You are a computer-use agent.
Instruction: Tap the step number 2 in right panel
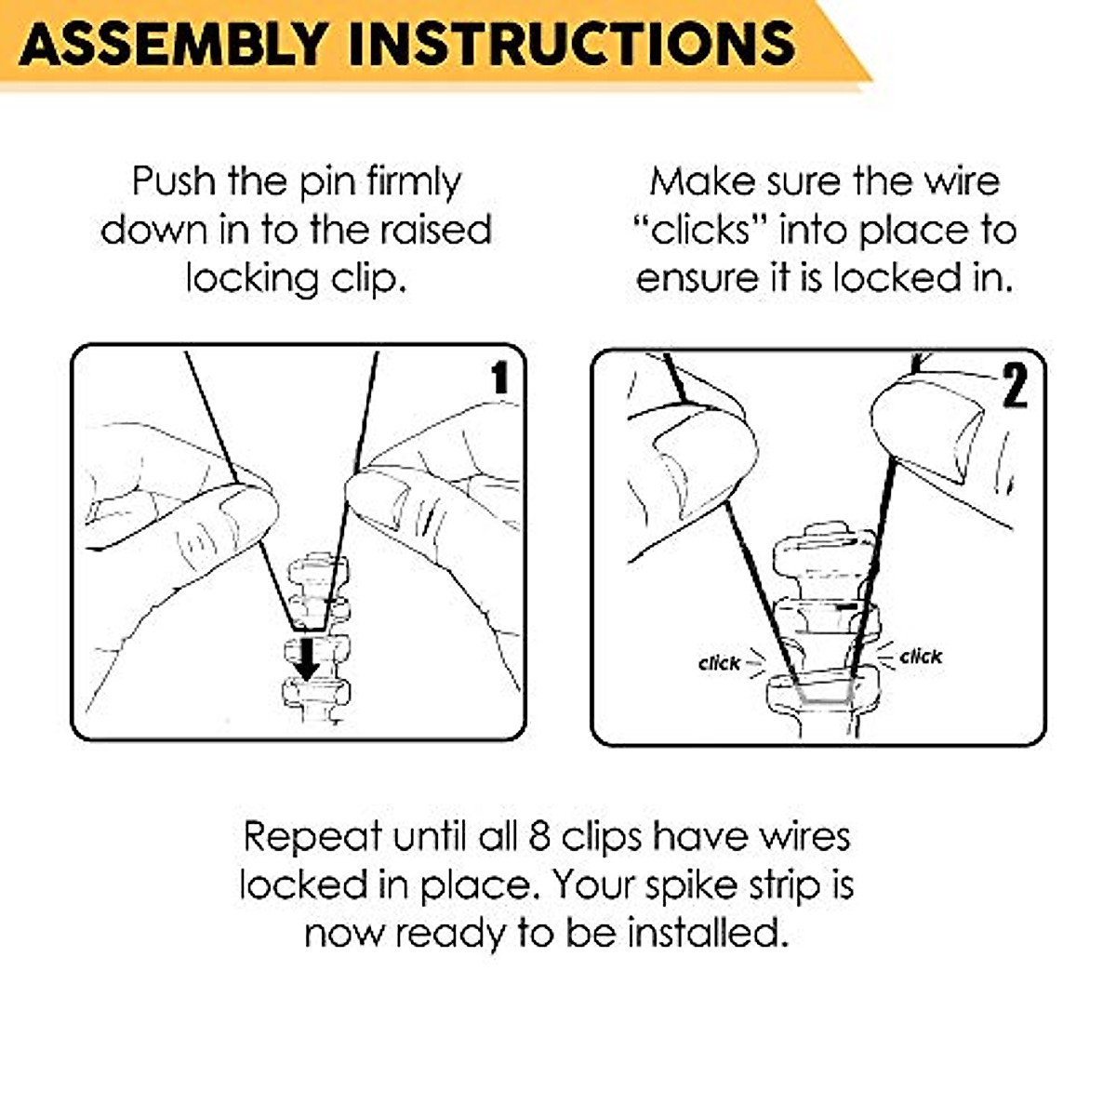tap(1014, 386)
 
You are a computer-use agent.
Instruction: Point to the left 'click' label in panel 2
tap(719, 663)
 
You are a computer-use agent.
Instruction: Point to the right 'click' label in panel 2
tap(921, 657)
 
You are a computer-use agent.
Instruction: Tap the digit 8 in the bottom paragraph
tap(539, 836)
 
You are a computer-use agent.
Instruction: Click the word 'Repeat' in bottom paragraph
tap(312, 836)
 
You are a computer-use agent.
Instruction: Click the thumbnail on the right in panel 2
tap(930, 428)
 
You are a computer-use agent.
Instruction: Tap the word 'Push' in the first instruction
tap(174, 180)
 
